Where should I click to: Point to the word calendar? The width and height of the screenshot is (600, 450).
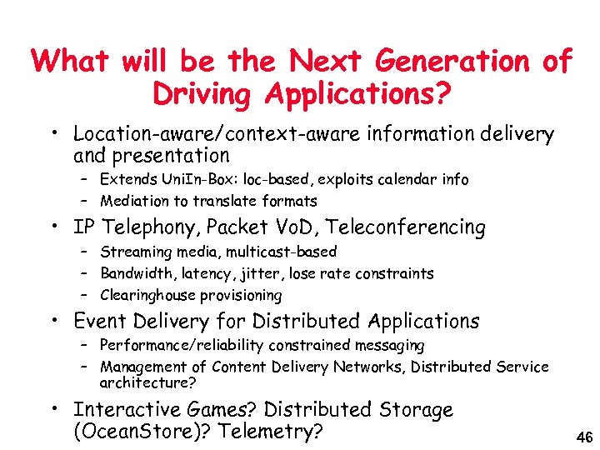point(402,179)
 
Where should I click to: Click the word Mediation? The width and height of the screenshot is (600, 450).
point(133,200)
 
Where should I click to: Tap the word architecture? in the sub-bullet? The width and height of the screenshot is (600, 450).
point(148,383)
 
